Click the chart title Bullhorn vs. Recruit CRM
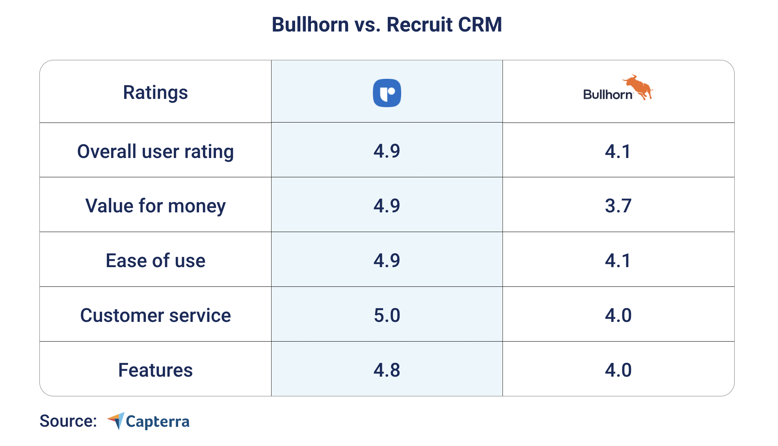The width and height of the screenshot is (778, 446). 387,25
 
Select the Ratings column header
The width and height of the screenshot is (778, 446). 155,93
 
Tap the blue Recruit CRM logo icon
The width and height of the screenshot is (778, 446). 387,93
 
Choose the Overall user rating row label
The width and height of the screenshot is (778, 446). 155,151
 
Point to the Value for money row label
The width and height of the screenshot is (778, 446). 155,206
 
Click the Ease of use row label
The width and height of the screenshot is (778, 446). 155,260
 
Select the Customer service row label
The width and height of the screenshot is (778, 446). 155,315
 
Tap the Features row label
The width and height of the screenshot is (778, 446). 155,370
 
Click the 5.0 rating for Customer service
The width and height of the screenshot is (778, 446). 387,315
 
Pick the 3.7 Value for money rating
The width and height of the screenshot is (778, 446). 618,206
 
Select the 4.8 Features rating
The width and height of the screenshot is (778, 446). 387,370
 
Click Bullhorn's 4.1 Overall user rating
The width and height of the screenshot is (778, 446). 618,151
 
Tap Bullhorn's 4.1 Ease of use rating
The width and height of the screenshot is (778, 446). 618,260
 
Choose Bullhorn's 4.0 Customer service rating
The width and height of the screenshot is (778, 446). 618,315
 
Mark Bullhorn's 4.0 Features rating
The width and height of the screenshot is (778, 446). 618,370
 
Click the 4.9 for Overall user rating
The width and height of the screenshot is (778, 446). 387,151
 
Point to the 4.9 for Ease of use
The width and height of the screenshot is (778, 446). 387,260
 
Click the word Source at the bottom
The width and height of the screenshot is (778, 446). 68,421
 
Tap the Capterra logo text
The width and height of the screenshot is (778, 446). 157,422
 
